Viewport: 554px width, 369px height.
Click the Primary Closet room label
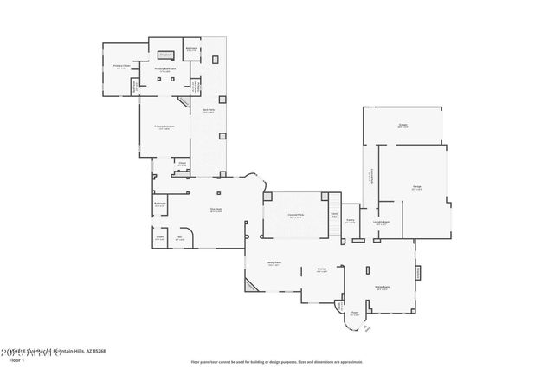[121, 66]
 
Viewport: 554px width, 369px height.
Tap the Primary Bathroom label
[166, 68]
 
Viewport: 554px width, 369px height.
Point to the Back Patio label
[209, 110]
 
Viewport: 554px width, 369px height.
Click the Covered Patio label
[295, 217]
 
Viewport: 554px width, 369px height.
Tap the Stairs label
[334, 215]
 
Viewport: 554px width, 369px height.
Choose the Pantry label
[351, 220]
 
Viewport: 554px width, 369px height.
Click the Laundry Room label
[381, 222]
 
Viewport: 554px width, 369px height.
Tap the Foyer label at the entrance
[354, 314]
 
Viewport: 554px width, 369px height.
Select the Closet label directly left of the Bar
[160, 237]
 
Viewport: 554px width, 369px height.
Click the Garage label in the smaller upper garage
[403, 126]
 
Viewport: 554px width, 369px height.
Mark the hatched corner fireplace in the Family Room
[251, 287]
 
